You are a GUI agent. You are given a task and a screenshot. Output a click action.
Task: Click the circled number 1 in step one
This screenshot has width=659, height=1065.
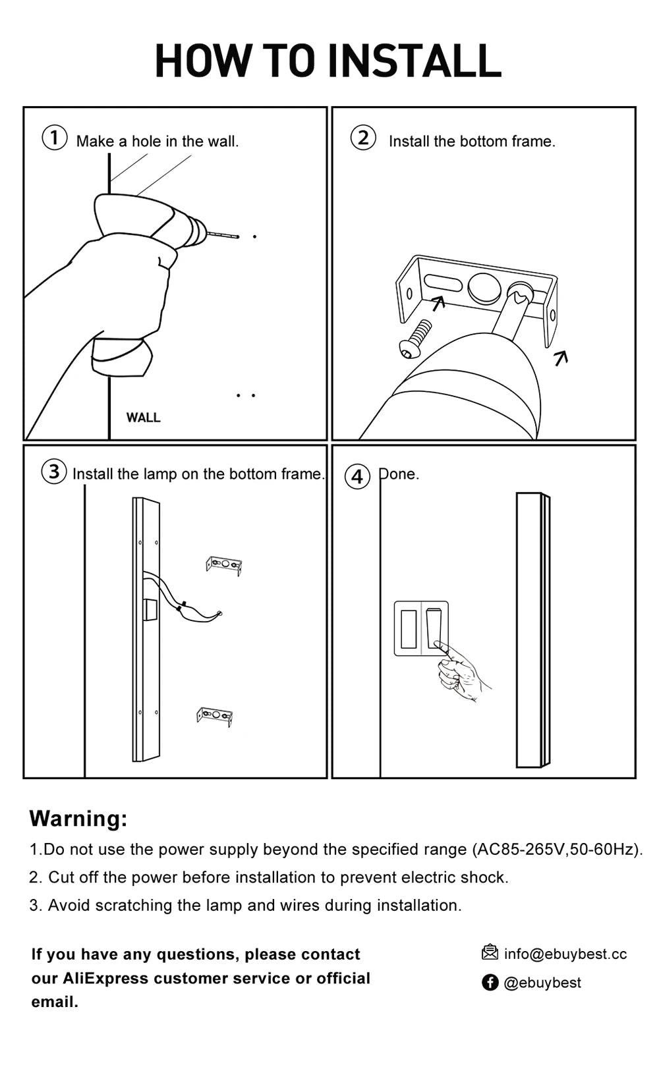(55, 138)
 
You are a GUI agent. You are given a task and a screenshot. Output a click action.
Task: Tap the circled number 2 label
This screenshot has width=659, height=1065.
(363, 138)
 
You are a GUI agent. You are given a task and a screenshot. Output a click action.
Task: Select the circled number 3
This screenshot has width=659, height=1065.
(54, 472)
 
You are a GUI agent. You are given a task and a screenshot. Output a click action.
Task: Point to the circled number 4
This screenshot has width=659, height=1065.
(357, 476)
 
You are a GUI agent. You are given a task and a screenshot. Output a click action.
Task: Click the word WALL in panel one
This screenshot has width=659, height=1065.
(143, 418)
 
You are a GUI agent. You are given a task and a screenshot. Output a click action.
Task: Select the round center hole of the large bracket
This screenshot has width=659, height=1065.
(484, 288)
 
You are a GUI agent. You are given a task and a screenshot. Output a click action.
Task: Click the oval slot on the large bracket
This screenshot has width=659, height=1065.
(443, 283)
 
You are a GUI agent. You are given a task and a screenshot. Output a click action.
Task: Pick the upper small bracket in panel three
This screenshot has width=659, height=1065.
(224, 565)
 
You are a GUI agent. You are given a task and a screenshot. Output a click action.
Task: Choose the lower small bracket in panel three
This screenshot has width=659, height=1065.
(215, 716)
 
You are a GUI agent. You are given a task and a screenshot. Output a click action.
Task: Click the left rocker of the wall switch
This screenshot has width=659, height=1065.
(409, 629)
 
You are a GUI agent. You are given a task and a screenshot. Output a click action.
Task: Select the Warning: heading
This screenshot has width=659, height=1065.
(78, 818)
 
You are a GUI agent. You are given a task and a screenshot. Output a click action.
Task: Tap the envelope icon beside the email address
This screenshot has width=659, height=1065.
(490, 952)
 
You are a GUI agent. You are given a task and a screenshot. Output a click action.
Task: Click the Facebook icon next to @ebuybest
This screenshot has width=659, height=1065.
(490, 983)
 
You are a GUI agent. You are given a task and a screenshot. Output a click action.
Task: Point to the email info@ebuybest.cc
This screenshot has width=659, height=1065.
(565, 954)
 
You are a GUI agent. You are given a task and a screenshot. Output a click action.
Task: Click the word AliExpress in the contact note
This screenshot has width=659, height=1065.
(104, 978)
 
